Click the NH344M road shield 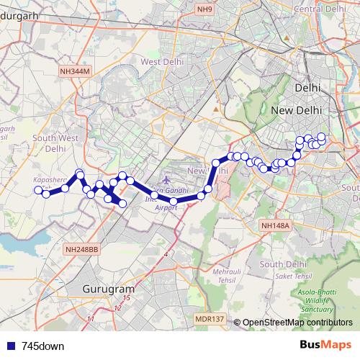(76, 72)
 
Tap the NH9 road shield (206, 9)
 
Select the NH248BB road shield (81, 249)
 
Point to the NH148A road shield (274, 226)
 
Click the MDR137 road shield (210, 318)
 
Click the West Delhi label (160, 62)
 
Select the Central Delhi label (318, 9)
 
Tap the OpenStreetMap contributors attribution (297, 323)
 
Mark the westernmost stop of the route (38, 190)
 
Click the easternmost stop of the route (322, 137)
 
